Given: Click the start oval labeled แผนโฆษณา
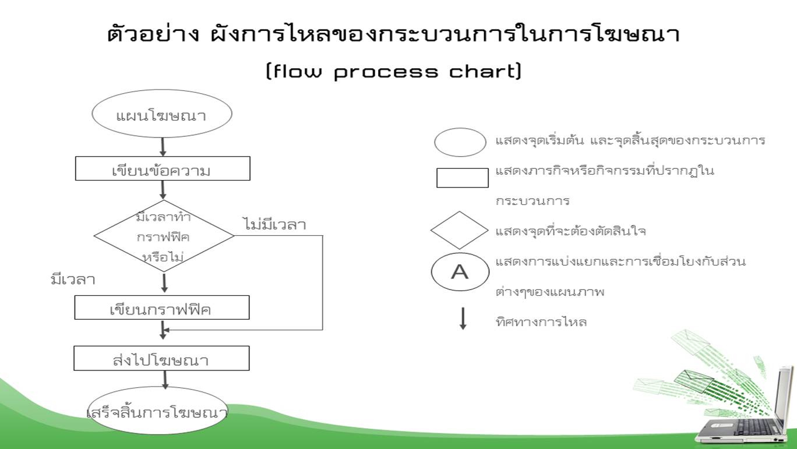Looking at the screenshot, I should (162, 114).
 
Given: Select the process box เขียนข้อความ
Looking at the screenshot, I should (163, 169).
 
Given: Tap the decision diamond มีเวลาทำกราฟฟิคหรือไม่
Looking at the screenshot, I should (164, 236).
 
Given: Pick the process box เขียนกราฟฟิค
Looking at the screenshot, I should (162, 307).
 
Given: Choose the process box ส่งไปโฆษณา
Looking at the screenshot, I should (161, 358).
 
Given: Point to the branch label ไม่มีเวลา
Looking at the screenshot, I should (274, 225).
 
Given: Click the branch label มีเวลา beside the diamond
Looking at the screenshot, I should (73, 280).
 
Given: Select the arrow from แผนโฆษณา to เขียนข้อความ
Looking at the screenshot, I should (163, 146).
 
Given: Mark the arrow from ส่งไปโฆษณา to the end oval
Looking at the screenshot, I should (165, 379).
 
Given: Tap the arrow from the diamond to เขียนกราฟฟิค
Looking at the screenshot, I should (165, 283).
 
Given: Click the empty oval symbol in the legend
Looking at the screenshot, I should (460, 143).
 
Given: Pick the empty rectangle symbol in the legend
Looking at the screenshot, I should (463, 178).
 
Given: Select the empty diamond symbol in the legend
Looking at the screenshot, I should (459, 230).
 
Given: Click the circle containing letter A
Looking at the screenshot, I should (460, 272).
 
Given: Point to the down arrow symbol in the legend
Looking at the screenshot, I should (463, 318).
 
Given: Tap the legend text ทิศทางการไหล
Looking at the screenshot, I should (541, 321).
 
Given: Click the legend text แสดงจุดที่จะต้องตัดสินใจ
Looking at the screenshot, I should (570, 231).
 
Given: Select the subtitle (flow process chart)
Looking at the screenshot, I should (393, 72).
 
